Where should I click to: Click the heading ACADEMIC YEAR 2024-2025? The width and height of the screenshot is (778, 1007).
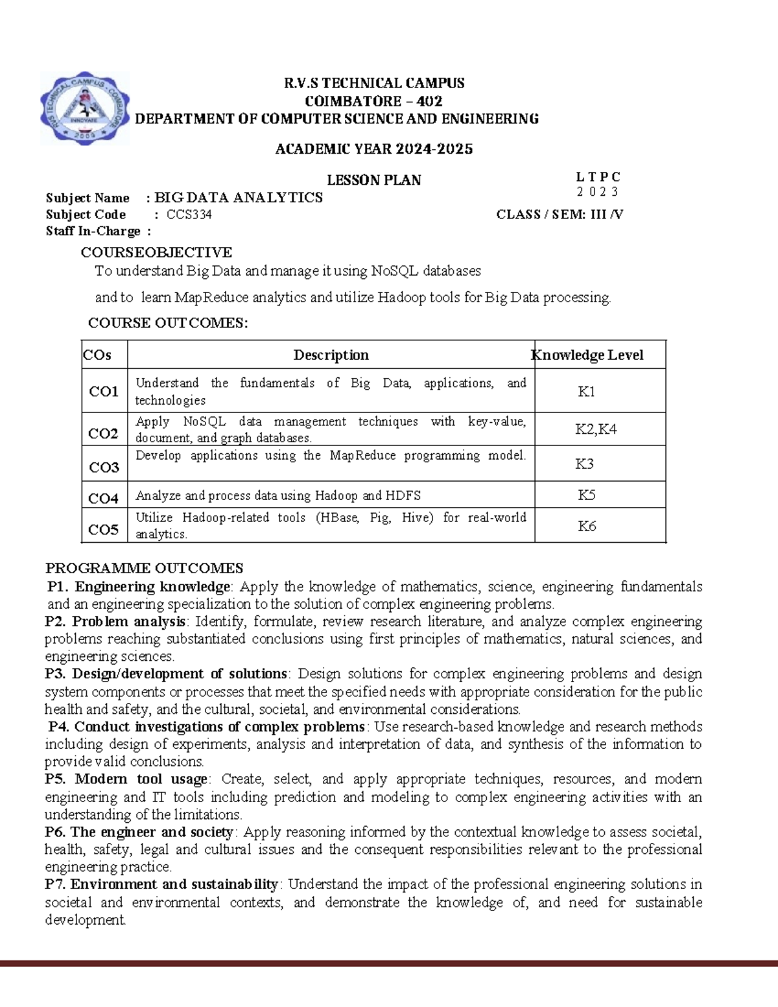(373, 149)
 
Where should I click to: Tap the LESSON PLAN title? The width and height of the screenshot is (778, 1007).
(373, 180)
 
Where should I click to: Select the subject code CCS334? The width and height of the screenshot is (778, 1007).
(189, 215)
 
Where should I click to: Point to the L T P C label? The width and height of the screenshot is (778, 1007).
(598, 177)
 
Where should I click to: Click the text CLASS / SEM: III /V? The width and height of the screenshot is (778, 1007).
(560, 215)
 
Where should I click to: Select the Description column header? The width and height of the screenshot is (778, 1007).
(331, 355)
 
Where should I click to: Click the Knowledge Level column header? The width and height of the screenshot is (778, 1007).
(588, 355)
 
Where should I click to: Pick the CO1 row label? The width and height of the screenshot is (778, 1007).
(104, 391)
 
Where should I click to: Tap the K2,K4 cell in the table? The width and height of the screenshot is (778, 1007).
(595, 429)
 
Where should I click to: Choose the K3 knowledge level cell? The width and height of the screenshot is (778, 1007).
(584, 464)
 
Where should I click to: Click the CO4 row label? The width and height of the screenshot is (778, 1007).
(103, 498)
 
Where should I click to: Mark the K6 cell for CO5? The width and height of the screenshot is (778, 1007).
(587, 526)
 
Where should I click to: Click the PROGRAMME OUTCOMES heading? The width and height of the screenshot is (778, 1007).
(144, 568)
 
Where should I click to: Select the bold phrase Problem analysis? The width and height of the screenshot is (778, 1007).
(128, 621)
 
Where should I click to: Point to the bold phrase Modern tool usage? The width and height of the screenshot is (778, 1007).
(141, 779)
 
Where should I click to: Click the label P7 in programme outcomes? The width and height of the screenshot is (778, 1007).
(54, 884)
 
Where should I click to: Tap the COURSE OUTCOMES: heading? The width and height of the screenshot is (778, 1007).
(168, 323)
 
